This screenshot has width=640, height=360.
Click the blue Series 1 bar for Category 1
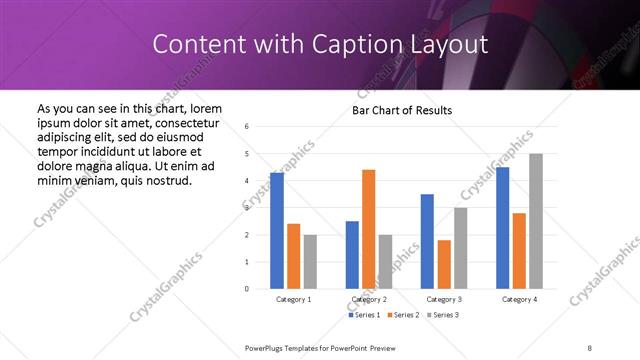pos(277,231)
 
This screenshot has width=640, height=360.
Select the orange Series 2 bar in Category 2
pos(368,229)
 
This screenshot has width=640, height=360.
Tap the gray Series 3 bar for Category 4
pos(536,221)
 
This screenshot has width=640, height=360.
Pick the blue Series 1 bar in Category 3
pos(427,241)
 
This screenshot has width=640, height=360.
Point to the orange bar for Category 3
pos(444,264)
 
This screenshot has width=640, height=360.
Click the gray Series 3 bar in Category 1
pos(310,262)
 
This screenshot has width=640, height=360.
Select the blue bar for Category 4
pos(502,228)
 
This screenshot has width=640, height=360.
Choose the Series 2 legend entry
pos(404,315)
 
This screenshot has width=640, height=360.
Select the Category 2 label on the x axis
pos(369,299)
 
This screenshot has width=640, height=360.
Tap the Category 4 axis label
pos(519,299)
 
